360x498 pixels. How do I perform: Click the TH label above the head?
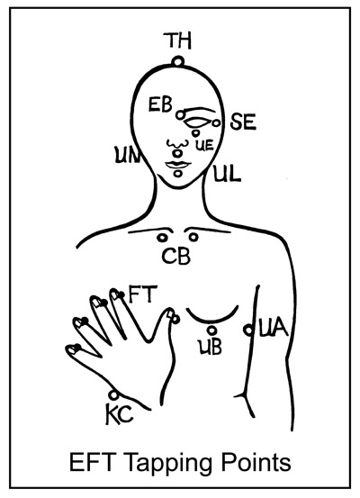click(178, 41)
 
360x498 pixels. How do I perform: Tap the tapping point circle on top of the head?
click(178, 61)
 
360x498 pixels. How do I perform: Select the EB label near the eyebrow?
click(160, 105)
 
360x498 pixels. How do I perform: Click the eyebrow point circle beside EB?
click(180, 115)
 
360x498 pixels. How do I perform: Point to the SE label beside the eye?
click(243, 122)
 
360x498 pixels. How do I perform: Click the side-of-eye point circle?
click(216, 122)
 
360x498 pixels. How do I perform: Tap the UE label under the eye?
click(203, 146)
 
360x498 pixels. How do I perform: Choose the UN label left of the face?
click(127, 155)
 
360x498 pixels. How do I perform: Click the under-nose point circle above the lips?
click(177, 153)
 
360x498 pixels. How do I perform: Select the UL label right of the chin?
click(227, 174)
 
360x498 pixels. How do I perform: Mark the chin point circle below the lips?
click(178, 174)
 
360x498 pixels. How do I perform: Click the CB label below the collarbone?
click(176, 257)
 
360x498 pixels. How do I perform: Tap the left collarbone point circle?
click(162, 237)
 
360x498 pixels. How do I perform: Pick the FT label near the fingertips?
click(143, 294)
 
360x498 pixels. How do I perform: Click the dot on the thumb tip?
click(175, 319)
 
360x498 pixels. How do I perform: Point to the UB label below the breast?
click(211, 347)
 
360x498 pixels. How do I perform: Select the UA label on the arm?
click(274, 329)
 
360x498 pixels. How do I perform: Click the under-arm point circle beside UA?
click(248, 330)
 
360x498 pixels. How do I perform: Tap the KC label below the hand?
click(119, 415)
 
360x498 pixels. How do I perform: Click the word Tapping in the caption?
click(167, 464)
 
